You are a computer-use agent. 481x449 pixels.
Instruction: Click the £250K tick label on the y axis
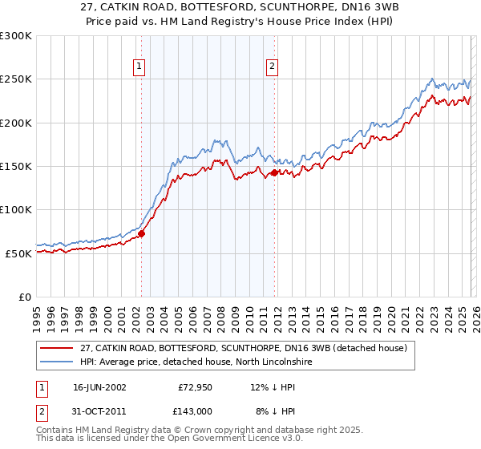pos(16,79)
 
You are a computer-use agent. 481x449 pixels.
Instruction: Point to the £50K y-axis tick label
pos(18,253)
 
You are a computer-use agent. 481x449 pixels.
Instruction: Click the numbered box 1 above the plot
pos(139,67)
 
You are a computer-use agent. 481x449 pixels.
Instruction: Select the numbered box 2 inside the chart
pos(273,67)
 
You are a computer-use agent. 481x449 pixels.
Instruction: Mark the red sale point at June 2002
pos(142,234)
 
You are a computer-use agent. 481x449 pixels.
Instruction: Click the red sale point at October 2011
pos(275,172)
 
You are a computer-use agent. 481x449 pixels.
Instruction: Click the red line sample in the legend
pos(58,348)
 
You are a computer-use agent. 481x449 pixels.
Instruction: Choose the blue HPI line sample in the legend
pos(58,362)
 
